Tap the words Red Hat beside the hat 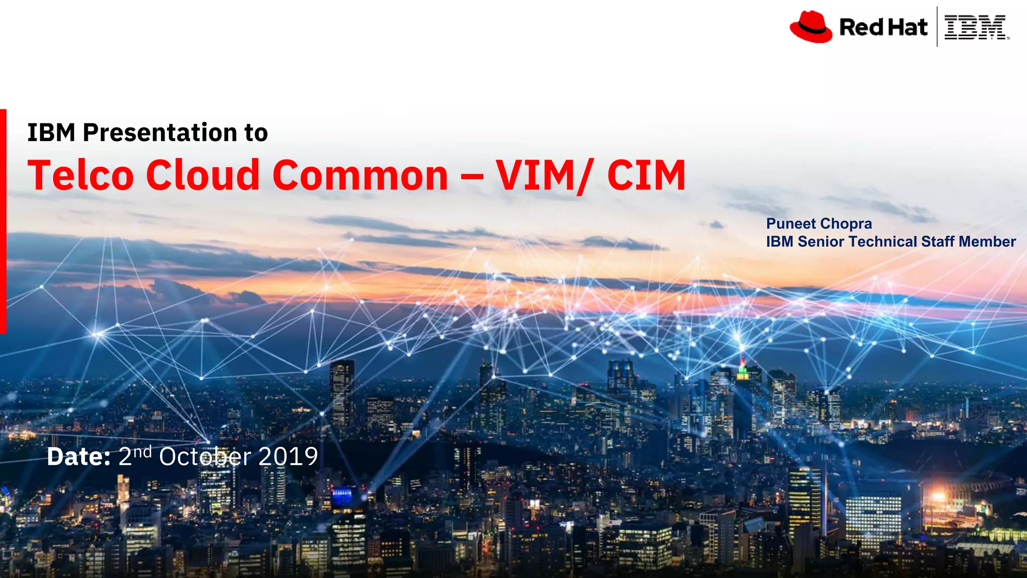coord(883,27)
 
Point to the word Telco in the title coord(81,175)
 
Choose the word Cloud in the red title coord(203,175)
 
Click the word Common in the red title coord(360,175)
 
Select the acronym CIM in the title coord(646,175)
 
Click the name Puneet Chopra coord(819,224)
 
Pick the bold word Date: coord(79,457)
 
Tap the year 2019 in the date coord(288,457)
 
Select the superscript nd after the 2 coord(142,452)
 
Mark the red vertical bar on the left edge coord(3,221)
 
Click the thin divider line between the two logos coord(937,27)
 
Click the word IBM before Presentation coord(51,133)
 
